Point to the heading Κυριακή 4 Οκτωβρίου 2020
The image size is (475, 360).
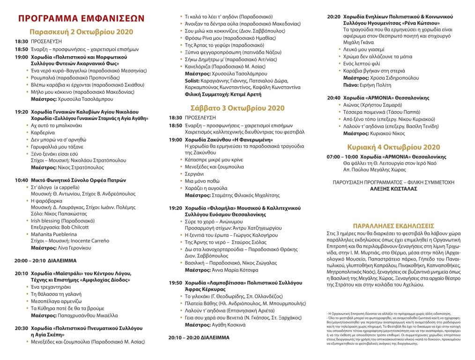pos(394,147)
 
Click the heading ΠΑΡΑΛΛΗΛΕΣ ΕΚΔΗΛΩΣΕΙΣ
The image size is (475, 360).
pos(393,225)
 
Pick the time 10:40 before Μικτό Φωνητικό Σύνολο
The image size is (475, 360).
pos(21,180)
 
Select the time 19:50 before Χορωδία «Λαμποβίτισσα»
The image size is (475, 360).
pos(176,283)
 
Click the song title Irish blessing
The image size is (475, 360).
pos(46,220)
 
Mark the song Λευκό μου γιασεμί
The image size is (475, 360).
pos(364,49)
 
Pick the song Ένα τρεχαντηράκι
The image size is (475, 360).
pos(51,286)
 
